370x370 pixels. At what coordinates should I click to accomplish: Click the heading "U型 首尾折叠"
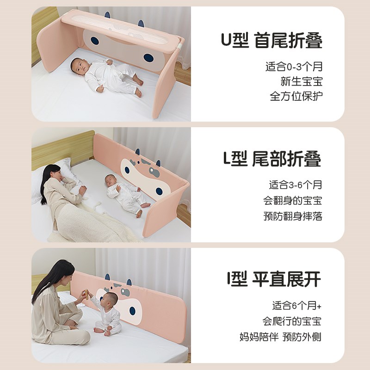(271, 41)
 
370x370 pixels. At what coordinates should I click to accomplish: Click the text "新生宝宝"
(301, 81)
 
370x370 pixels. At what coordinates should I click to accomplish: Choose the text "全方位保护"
(296, 97)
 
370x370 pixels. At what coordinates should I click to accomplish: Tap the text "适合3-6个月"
(296, 185)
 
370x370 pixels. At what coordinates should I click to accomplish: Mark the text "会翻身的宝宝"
(292, 201)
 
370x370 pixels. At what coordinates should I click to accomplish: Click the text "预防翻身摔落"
(292, 216)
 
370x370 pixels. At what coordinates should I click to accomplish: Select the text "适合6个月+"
(296, 306)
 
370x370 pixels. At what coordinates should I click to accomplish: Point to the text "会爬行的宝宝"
(292, 321)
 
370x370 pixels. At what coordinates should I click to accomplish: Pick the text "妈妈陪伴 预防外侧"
(281, 336)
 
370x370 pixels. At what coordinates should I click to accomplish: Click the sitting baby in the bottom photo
(108, 314)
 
